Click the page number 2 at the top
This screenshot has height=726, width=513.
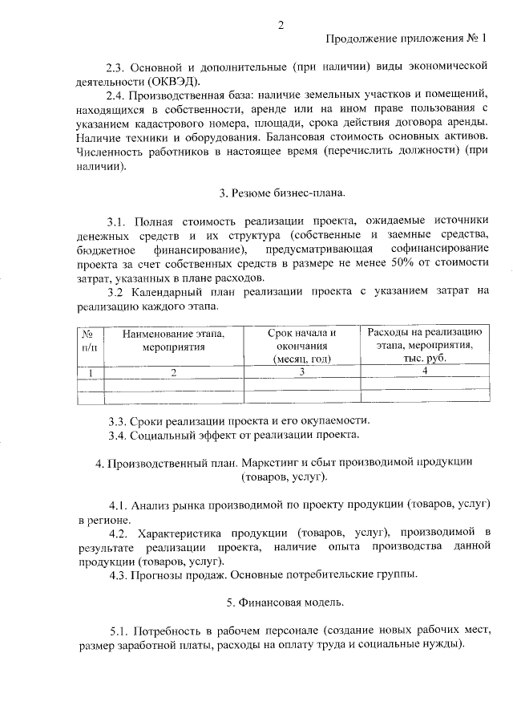[281, 24]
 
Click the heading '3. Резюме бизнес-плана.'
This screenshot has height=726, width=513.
[282, 193]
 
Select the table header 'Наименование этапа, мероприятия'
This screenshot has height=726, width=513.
[174, 339]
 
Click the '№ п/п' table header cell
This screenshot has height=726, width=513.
[90, 339]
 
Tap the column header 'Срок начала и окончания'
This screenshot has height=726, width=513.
[301, 346]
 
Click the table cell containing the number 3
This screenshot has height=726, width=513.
[302, 371]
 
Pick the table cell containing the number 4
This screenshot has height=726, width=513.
[425, 371]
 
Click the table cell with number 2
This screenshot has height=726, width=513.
[173, 371]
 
